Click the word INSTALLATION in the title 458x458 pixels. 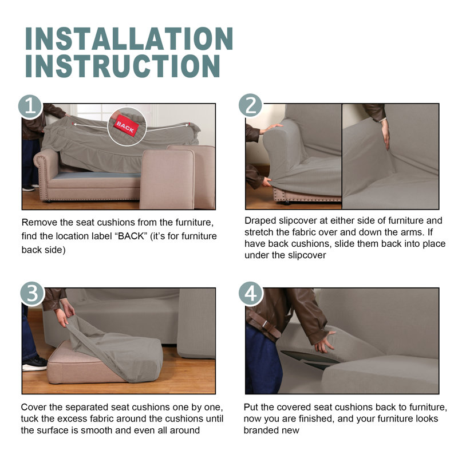(129, 39)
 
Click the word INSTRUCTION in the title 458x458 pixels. (123, 66)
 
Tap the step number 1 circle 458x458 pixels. (30, 106)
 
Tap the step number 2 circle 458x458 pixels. (251, 105)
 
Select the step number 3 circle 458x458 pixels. (32, 294)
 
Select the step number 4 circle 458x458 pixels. (251, 294)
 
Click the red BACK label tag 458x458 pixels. (126, 126)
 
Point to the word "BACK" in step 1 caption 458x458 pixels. (131, 236)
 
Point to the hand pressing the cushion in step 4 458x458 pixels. (325, 342)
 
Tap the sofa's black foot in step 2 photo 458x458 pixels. (285, 203)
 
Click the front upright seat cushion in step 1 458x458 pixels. (167, 179)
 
